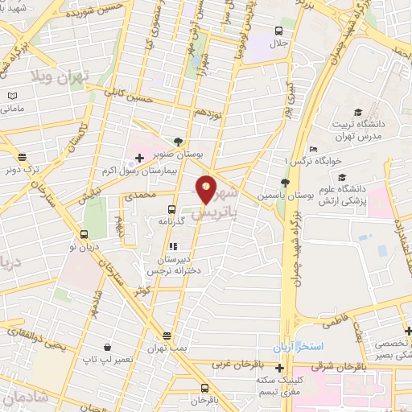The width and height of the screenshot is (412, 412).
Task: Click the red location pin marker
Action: tap(207, 188)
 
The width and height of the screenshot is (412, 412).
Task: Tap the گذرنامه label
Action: tap(192, 220)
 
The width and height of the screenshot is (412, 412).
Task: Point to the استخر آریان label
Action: tap(319, 345)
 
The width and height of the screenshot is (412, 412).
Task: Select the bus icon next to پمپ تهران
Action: tap(167, 336)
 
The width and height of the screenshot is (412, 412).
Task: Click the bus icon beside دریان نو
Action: tap(84, 236)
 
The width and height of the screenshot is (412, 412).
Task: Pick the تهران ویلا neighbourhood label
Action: tap(58, 78)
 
